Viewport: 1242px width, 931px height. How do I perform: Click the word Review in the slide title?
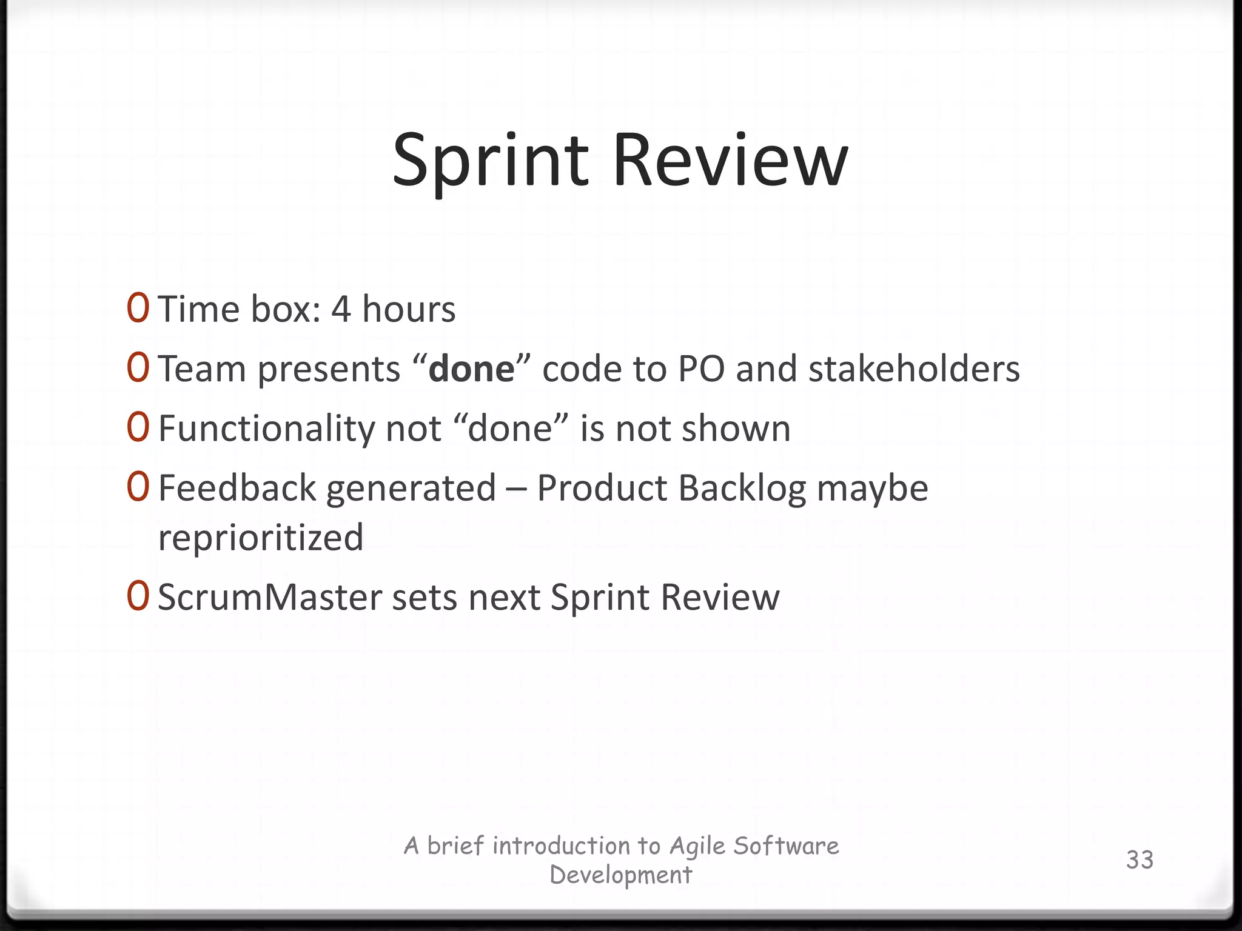[730, 161]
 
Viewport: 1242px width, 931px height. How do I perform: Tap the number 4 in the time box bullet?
[341, 309]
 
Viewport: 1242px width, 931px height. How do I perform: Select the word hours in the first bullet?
[408, 309]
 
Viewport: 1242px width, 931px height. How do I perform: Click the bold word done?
[471, 369]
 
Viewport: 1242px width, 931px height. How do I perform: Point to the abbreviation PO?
[701, 369]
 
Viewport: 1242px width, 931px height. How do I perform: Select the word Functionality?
[266, 429]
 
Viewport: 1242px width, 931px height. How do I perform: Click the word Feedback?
[237, 488]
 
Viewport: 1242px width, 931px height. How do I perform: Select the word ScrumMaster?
[270, 597]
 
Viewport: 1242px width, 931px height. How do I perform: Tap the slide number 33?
[1140, 859]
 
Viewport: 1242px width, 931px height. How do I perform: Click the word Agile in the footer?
[697, 846]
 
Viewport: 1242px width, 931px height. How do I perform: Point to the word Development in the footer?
[620, 875]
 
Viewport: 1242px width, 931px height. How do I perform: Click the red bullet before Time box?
[138, 309]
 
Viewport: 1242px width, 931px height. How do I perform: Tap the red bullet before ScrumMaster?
[138, 596]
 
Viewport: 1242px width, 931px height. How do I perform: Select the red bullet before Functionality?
[138, 428]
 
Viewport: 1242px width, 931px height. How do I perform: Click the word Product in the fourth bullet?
[602, 488]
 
